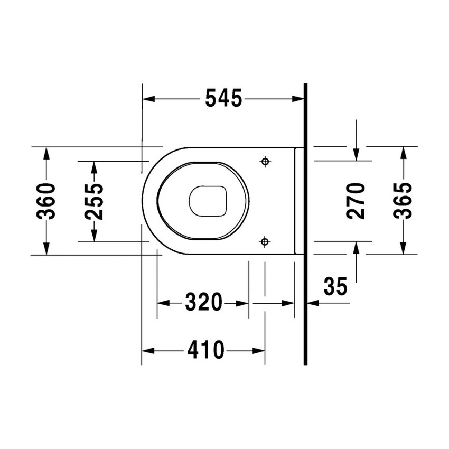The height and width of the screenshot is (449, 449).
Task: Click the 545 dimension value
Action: (x=223, y=99)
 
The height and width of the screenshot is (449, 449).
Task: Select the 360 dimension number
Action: (x=47, y=201)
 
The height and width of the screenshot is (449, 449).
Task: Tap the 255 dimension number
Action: (x=94, y=201)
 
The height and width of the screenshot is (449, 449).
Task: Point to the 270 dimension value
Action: (x=357, y=201)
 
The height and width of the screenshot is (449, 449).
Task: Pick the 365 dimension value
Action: (x=403, y=201)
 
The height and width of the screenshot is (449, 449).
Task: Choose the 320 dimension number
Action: (x=203, y=303)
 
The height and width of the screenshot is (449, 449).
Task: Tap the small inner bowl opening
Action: (x=208, y=201)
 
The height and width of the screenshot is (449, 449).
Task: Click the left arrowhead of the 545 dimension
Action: (x=148, y=99)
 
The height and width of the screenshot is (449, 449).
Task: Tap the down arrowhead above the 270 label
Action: (x=357, y=154)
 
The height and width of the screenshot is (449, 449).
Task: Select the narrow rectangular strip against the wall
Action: (x=299, y=201)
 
